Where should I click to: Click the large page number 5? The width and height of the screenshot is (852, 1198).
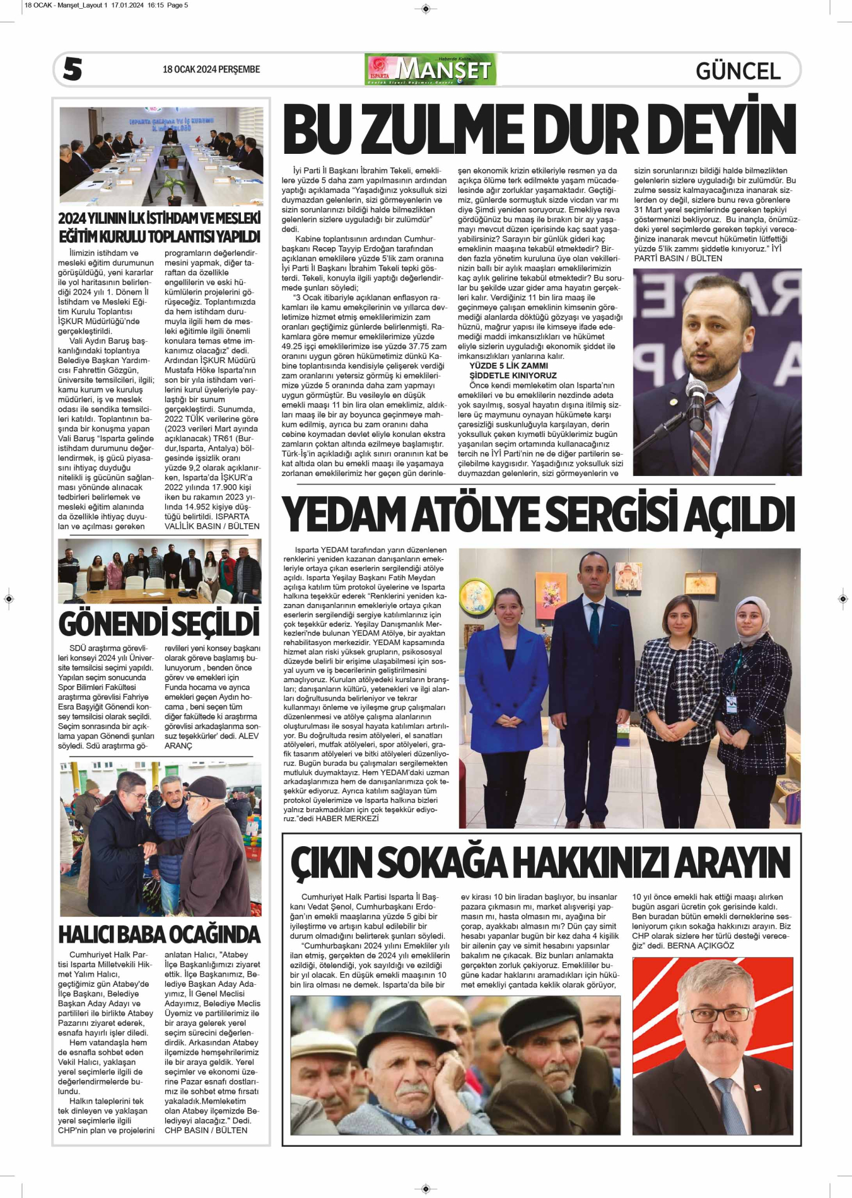(x=73, y=69)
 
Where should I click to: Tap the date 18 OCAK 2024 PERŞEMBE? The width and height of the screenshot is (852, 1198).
(x=211, y=69)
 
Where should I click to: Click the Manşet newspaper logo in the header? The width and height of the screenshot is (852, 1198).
(x=431, y=69)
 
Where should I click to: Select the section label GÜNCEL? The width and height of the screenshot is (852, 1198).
(x=738, y=71)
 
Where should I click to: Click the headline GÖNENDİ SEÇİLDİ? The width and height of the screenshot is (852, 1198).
(x=159, y=623)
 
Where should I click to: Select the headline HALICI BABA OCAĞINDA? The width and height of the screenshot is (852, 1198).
(x=159, y=934)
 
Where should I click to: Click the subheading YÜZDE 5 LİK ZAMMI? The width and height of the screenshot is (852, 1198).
(x=508, y=366)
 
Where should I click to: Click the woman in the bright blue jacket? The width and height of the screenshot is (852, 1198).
(x=506, y=681)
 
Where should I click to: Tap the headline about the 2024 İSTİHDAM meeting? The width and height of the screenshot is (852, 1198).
(x=159, y=227)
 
